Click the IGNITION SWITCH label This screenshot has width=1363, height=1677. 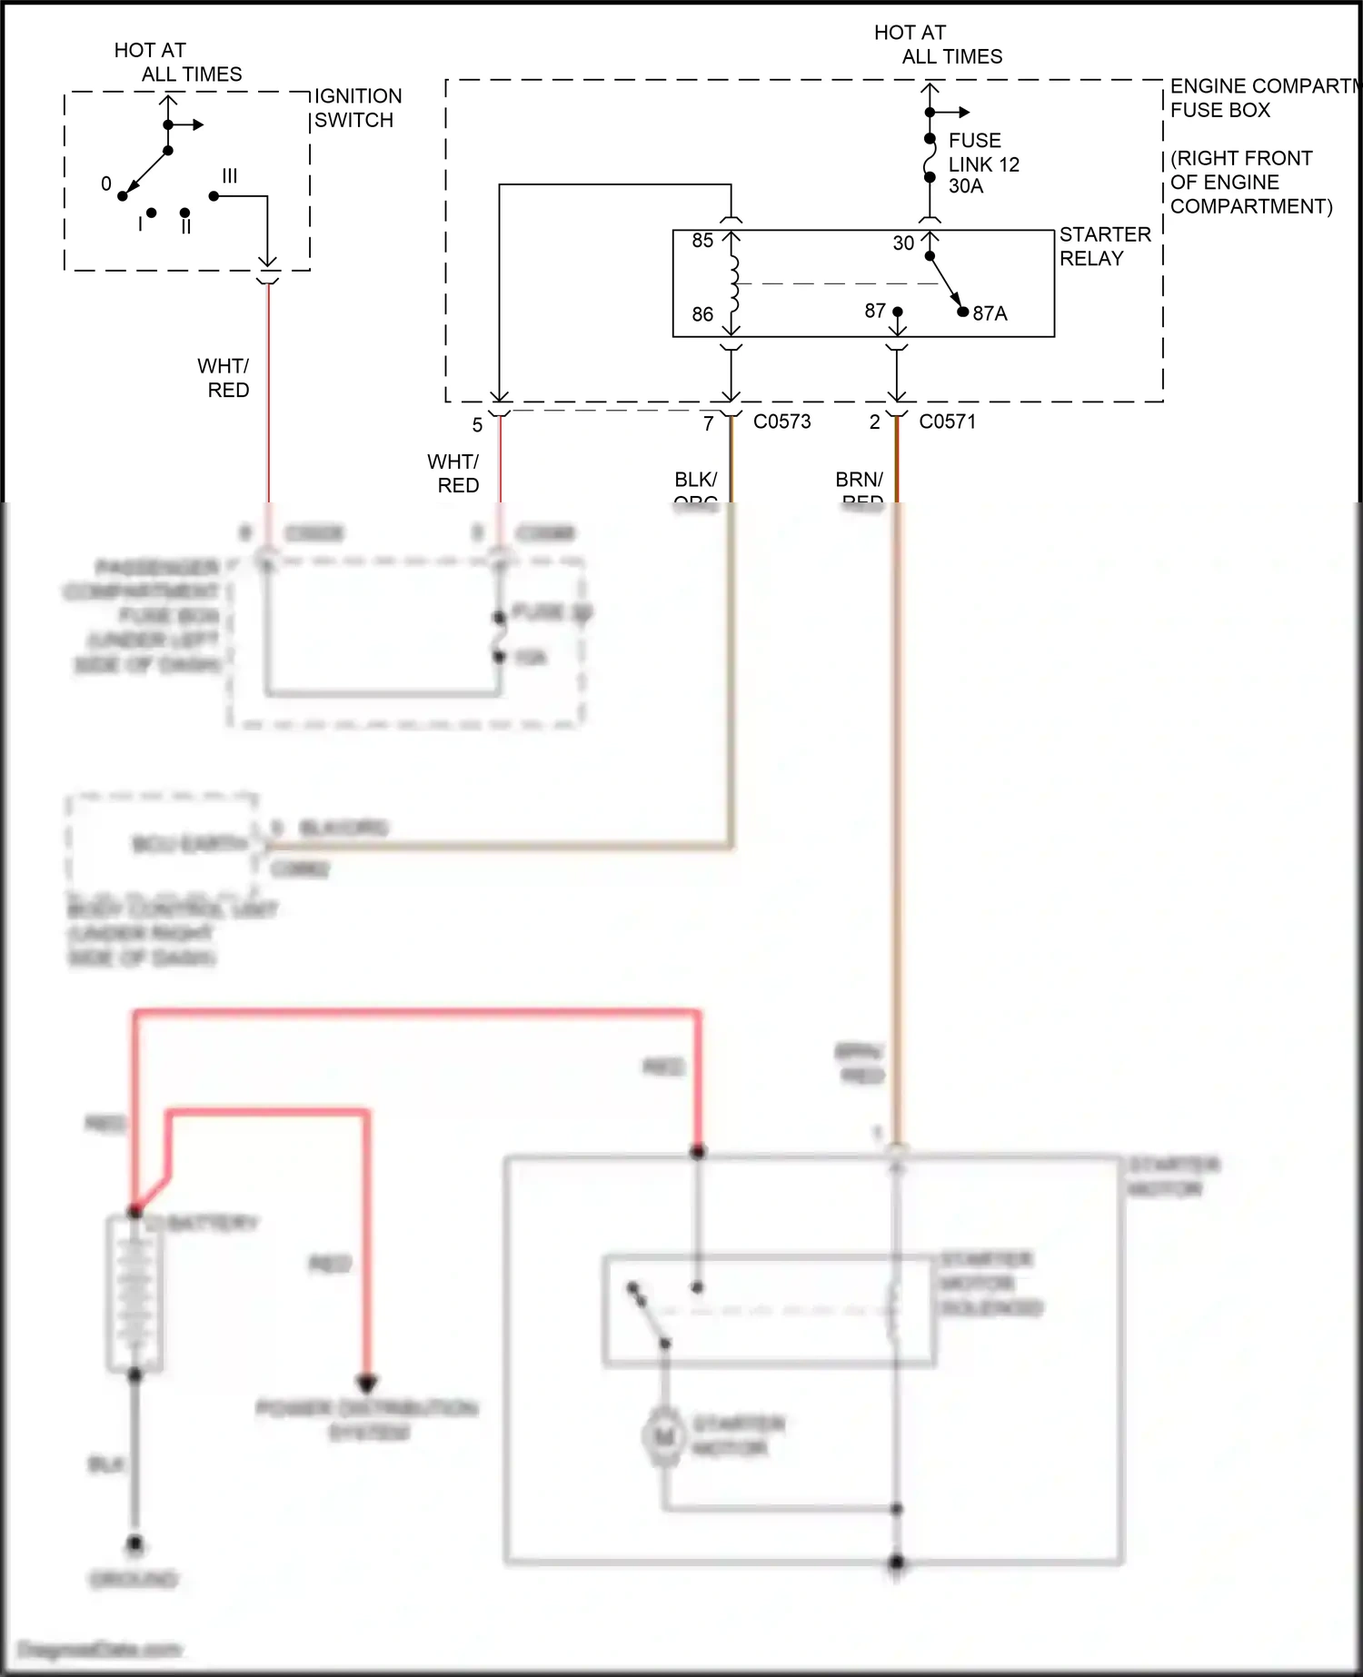pyautogui.click(x=357, y=108)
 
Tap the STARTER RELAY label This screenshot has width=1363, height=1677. pyautogui.click(x=1104, y=246)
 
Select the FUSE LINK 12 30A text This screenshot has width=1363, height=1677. pyautogui.click(x=983, y=164)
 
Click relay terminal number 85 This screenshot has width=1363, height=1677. pyautogui.click(x=702, y=241)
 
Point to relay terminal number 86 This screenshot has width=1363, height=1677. pyautogui.click(x=702, y=314)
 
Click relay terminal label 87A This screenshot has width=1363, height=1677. pyautogui.click(x=990, y=313)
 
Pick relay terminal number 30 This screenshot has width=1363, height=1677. pyautogui.click(x=903, y=243)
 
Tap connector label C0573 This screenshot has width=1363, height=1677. pyautogui.click(x=781, y=422)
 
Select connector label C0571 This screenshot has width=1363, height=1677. pyautogui.click(x=947, y=422)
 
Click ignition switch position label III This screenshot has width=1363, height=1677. pyautogui.click(x=230, y=175)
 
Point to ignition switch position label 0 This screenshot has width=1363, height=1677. pyautogui.click(x=106, y=184)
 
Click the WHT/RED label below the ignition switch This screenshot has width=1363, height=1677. pyautogui.click(x=224, y=378)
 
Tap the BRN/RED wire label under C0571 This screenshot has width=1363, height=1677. pyautogui.click(x=859, y=486)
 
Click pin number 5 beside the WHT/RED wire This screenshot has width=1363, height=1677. pyautogui.click(x=477, y=425)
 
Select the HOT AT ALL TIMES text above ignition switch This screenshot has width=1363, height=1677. pyautogui.click(x=177, y=62)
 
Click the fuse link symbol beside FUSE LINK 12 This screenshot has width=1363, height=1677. pyautogui.click(x=930, y=159)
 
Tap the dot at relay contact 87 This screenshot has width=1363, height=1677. pyautogui.click(x=898, y=312)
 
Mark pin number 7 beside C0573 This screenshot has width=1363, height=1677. pyautogui.click(x=709, y=423)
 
